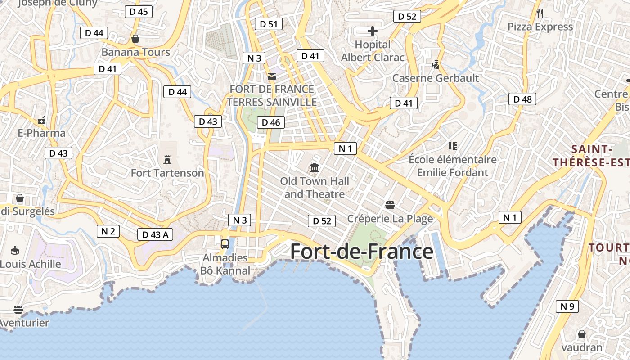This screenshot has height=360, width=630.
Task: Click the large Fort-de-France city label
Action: pyautogui.click(x=362, y=251)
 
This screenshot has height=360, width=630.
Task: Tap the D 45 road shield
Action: pyautogui.click(x=139, y=12)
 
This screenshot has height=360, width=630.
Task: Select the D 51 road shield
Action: pyautogui.click(x=269, y=24)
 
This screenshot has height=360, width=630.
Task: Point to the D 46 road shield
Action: pyautogui.click(x=271, y=122)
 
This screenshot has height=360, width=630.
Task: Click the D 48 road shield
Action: pyautogui.click(x=522, y=99)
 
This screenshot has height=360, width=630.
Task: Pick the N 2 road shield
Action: pyautogui.click(x=108, y=231)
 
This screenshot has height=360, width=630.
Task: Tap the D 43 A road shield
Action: pyautogui.click(x=155, y=234)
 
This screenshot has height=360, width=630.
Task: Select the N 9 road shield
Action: pyautogui.click(x=567, y=306)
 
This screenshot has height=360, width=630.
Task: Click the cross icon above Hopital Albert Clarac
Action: pyautogui.click(x=373, y=31)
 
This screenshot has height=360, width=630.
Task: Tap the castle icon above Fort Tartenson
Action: pyautogui.click(x=167, y=159)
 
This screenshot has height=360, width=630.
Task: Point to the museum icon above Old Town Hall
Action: pyautogui.click(x=315, y=168)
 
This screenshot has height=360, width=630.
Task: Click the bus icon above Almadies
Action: pyautogui.click(x=225, y=244)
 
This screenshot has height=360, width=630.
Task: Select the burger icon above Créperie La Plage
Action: pyautogui.click(x=390, y=205)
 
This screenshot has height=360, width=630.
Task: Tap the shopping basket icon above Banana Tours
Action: pyautogui.click(x=135, y=39)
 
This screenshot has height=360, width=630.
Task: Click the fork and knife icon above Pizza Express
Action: pyautogui.click(x=540, y=13)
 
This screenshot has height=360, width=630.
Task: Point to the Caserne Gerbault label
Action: pyautogui.click(x=436, y=78)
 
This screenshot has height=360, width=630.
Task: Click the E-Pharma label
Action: pyautogui.click(x=42, y=133)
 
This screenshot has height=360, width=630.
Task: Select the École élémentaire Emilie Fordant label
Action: pyautogui.click(x=453, y=166)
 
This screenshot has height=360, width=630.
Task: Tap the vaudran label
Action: pyautogui.click(x=581, y=347)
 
